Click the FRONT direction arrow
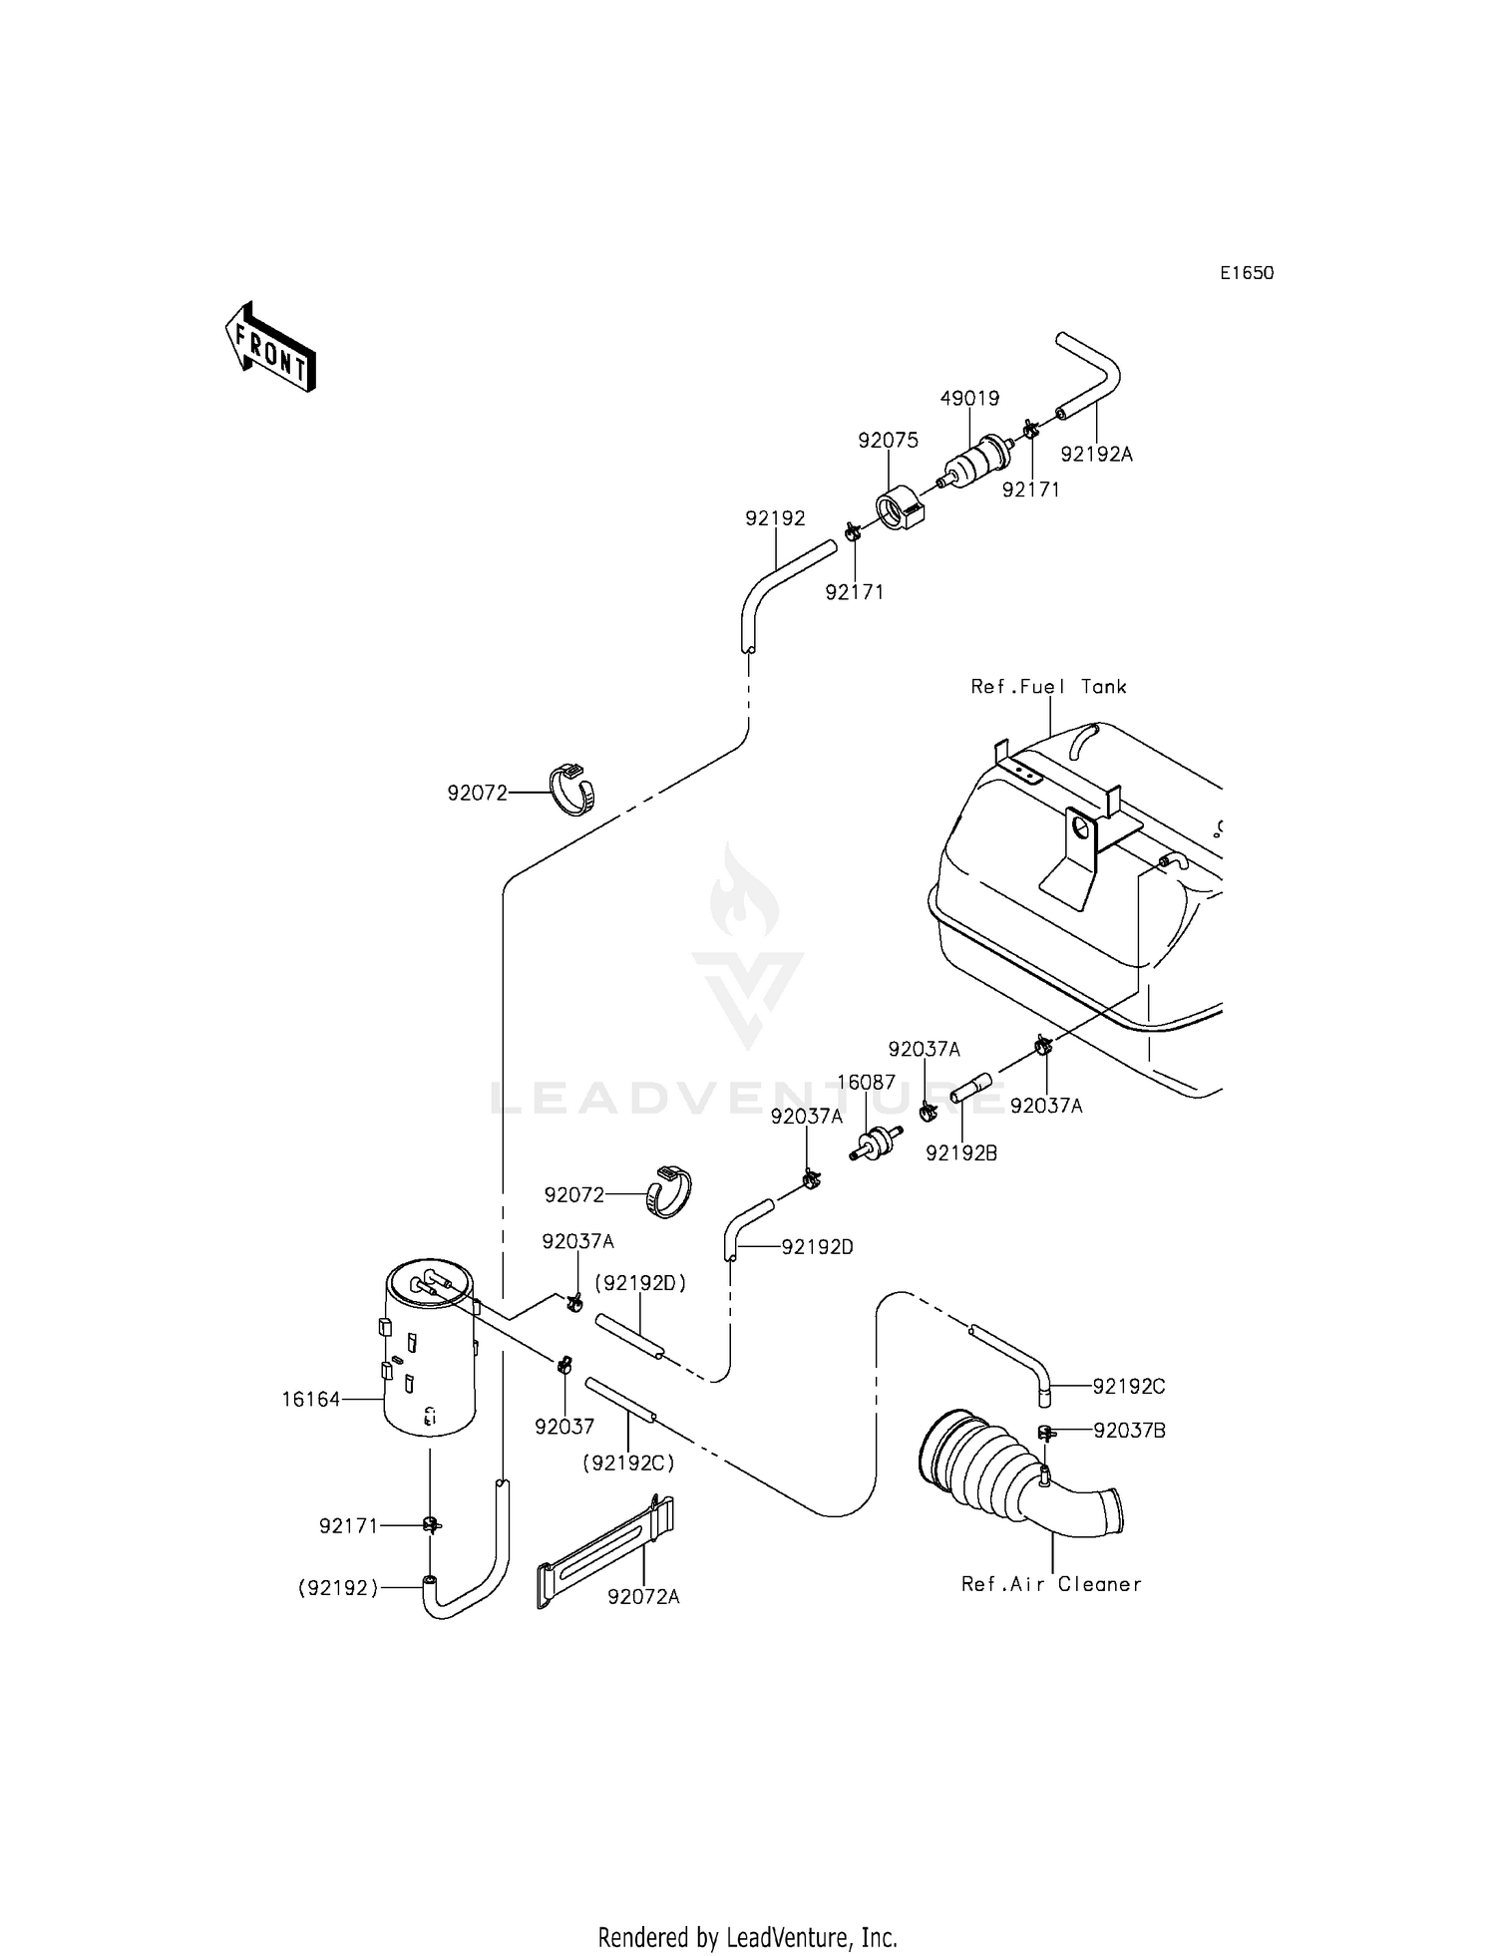tap(270, 347)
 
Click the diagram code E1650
tap(1247, 273)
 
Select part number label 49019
tap(969, 399)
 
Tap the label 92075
tap(889, 441)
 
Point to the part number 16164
tap(310, 1400)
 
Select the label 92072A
tap(643, 1597)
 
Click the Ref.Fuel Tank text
tap(1048, 687)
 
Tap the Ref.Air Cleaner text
tap(1051, 1584)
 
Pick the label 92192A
tap(1096, 455)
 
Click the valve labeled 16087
tap(876, 1142)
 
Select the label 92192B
tap(961, 1152)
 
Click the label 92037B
tap(1129, 1431)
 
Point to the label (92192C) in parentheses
tap(628, 1464)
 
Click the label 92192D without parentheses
tap(817, 1247)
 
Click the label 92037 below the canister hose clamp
tap(563, 1427)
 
